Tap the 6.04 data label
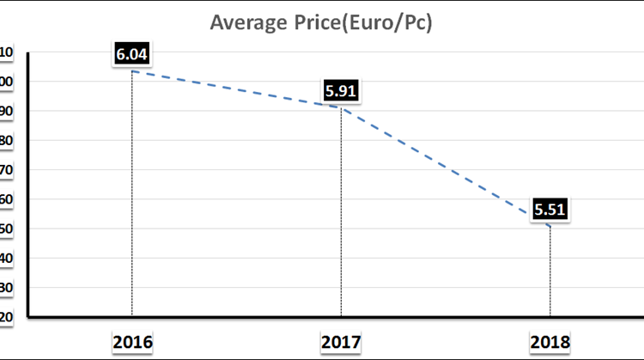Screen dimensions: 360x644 [132, 54]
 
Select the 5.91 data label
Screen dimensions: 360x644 [341, 89]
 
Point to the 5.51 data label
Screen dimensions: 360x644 [550, 209]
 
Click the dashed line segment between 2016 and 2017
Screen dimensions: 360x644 [236, 88]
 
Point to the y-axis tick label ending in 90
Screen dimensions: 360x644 [6, 111]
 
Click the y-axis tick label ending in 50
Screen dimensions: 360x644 [6, 229]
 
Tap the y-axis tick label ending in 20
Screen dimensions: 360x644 [6, 317]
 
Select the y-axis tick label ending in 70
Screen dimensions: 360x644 [6, 170]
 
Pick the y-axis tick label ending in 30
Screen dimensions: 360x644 [6, 288]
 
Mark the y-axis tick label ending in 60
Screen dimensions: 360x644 [6, 199]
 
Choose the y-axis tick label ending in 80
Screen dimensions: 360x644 [6, 140]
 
